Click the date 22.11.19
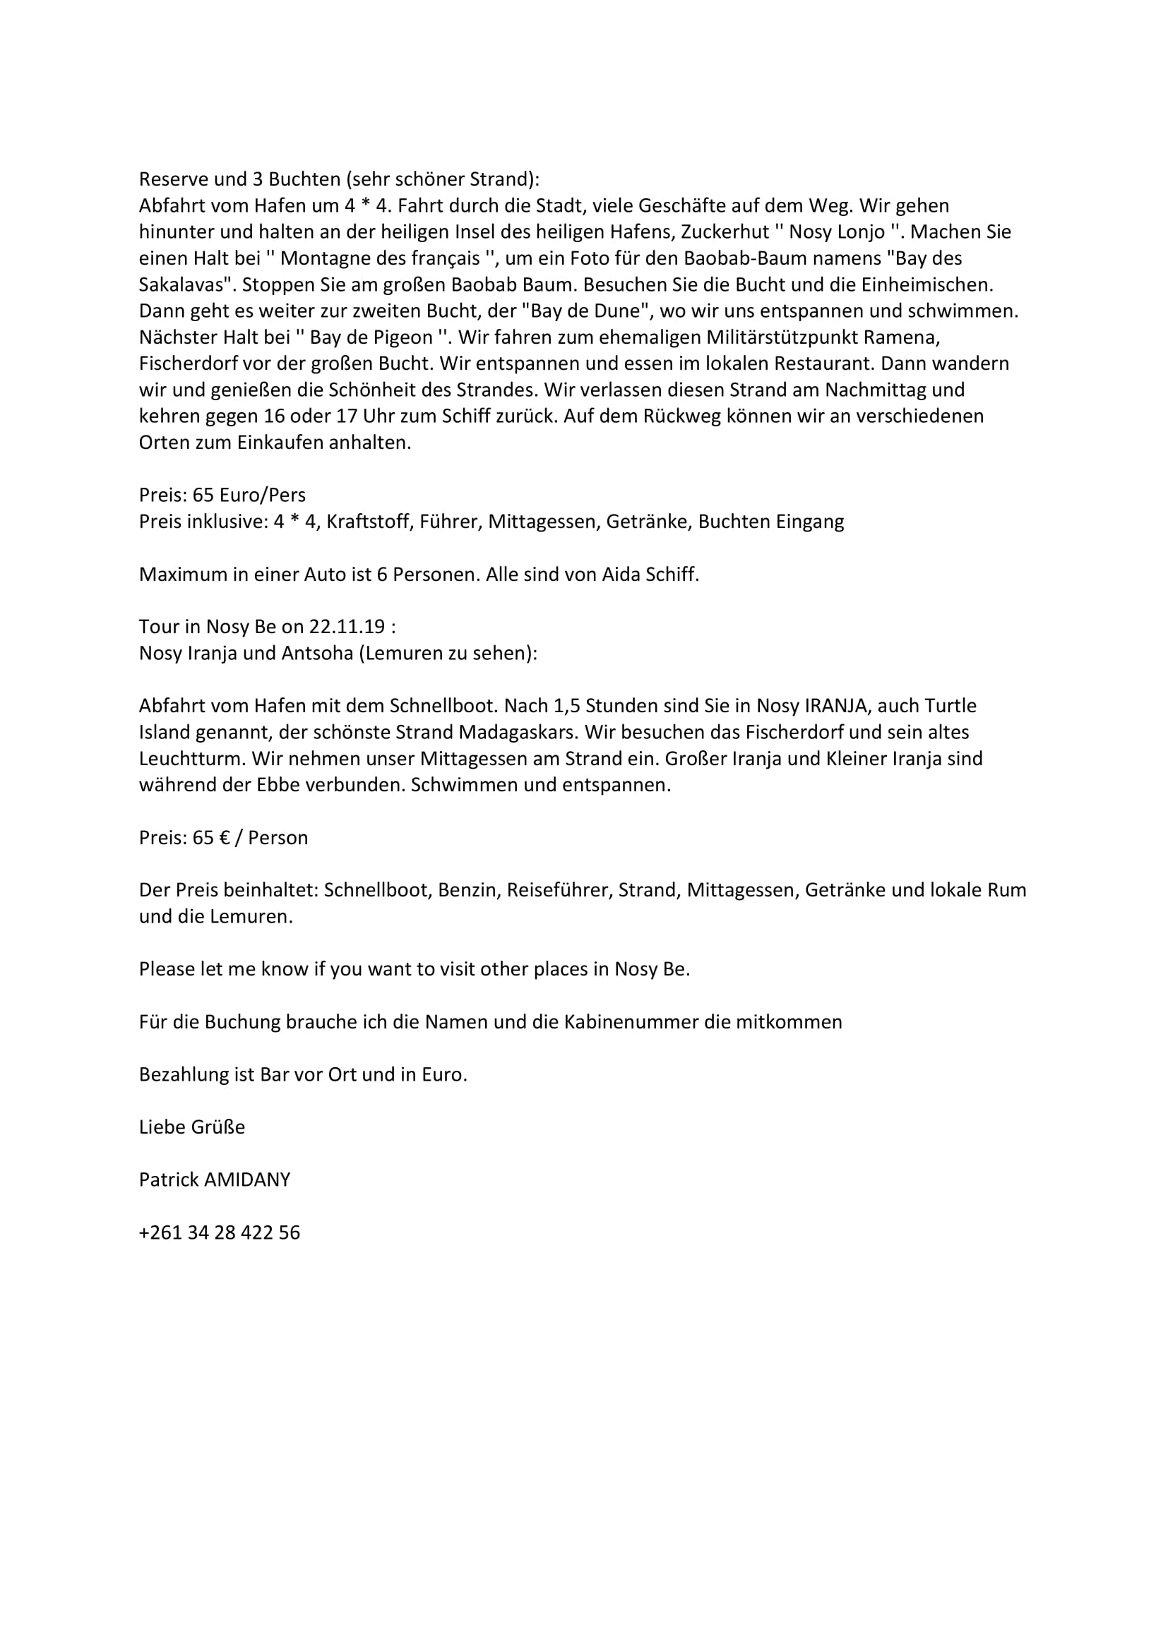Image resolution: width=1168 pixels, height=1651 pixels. [347, 627]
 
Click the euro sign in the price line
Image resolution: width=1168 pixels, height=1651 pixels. [225, 838]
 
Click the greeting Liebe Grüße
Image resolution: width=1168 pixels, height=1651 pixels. [192, 1127]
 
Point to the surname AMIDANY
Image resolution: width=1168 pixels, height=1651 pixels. [247, 1179]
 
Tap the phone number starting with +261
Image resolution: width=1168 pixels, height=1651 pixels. [220, 1232]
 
